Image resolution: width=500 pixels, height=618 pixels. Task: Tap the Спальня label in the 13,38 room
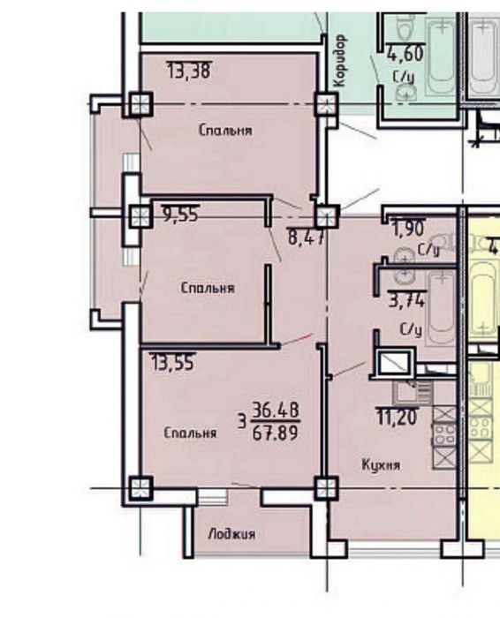225,131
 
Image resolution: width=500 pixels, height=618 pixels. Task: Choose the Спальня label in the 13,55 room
190,433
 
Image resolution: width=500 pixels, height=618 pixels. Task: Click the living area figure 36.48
275,409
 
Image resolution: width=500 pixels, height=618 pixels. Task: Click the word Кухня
381,463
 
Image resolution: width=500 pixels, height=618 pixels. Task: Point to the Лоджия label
231,534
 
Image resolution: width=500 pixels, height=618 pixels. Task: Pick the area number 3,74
407,301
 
